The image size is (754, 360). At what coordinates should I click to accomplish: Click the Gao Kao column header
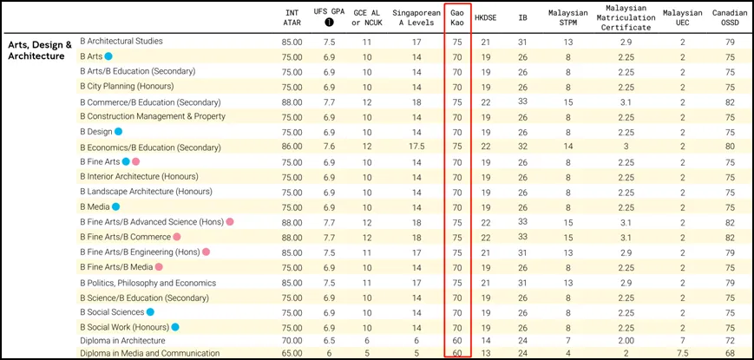[456, 18]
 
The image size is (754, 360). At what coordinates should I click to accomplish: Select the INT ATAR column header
[292, 18]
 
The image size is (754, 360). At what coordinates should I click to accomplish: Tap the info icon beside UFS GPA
[329, 24]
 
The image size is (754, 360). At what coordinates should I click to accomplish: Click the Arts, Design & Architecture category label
[40, 49]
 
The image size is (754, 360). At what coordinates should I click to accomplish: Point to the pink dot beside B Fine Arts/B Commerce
[176, 237]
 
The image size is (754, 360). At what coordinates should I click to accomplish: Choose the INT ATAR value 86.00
[292, 147]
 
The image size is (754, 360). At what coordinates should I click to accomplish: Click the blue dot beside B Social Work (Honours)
[174, 327]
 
